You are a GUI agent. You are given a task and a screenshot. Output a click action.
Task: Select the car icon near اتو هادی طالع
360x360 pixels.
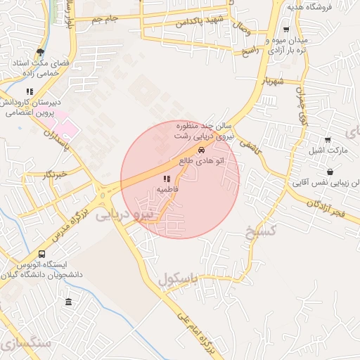pyautogui.click(x=202, y=150)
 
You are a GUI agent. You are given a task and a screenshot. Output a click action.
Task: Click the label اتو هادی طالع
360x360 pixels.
pyautogui.click(x=204, y=161)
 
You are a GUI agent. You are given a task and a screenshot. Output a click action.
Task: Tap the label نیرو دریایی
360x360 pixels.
pyautogui.click(x=123, y=214)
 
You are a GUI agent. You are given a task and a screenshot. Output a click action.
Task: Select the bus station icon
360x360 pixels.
pyautogui.click(x=42, y=254)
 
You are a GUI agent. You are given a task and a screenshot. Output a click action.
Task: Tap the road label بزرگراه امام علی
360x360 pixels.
pyautogui.click(x=186, y=330)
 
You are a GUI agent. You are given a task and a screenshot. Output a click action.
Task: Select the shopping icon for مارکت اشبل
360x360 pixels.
pyautogui.click(x=328, y=140)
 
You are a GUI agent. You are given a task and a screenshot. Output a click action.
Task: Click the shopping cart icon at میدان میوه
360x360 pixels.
pyautogui.click(x=286, y=30)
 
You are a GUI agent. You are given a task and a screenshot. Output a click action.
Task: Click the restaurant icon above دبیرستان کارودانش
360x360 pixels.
pyautogui.click(x=30, y=91)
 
